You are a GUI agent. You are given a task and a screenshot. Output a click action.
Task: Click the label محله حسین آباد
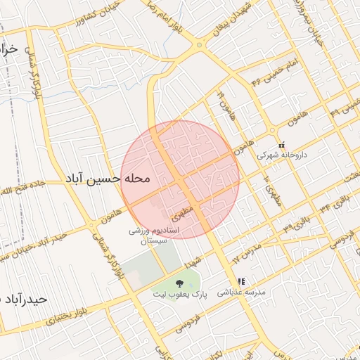coord(108,179)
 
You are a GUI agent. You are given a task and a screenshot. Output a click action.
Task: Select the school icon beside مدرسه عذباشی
coord(241,281)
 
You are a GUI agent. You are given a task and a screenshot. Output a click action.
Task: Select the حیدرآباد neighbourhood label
coord(25,299)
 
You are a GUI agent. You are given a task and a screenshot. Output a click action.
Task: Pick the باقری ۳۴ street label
coord(333,207)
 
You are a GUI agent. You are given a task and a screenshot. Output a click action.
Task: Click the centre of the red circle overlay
coord(180,179)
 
